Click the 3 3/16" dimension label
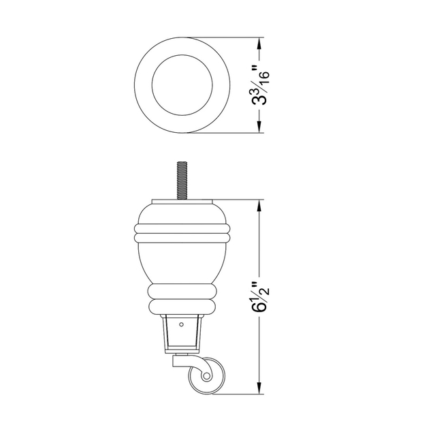click(260, 84)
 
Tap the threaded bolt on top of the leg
click(181, 181)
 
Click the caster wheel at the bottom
click(206, 375)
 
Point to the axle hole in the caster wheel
click(206, 377)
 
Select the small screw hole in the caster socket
click(181, 324)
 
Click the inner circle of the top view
click(182, 84)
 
